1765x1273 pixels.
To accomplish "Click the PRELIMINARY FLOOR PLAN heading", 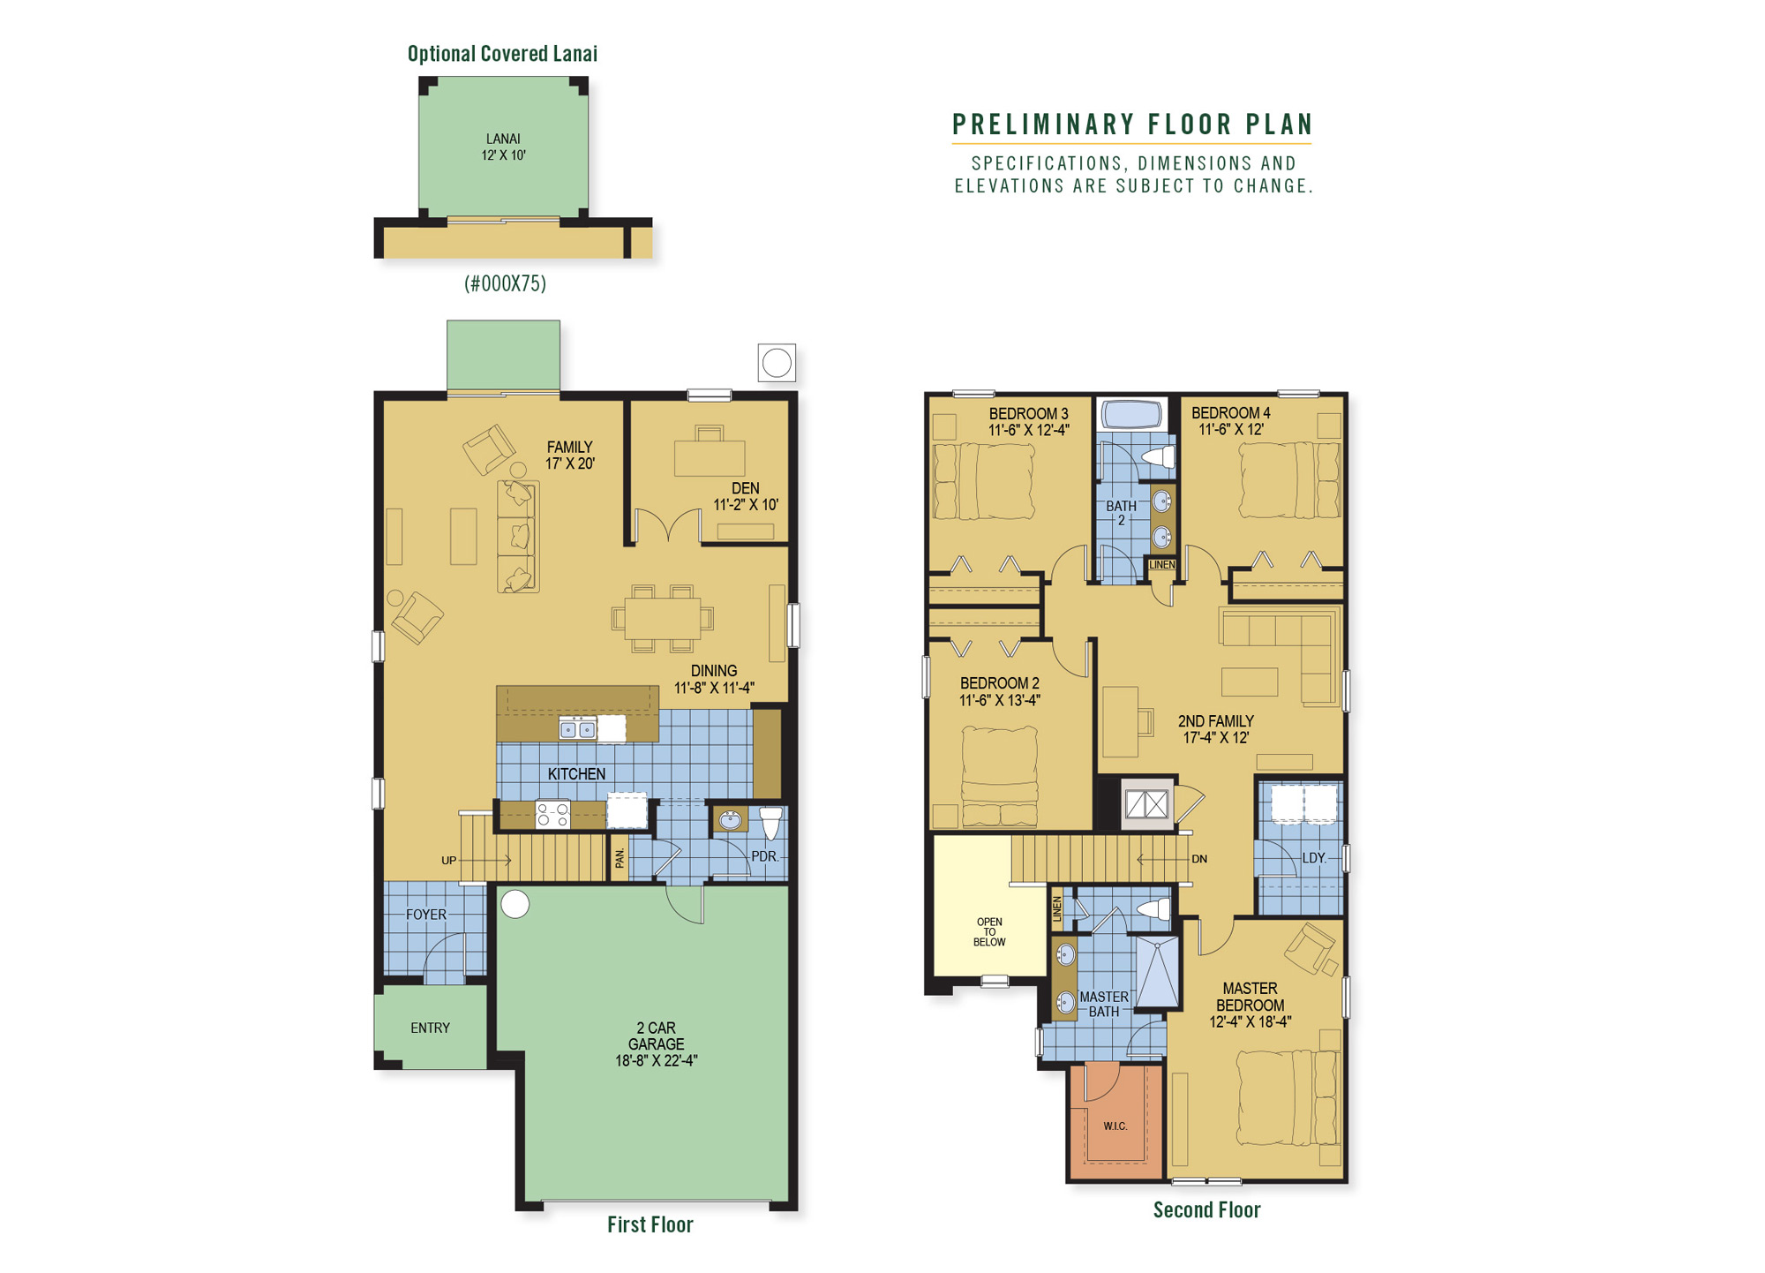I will [1132, 124].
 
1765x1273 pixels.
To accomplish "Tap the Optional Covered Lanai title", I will [502, 54].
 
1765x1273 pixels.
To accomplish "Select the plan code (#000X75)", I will [505, 283].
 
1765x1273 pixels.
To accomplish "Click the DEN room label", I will [745, 488].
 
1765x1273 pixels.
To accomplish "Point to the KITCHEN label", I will [576, 774].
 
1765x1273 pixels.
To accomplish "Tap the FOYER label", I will [426, 915].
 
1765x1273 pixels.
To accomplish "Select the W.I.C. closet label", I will [1115, 1126].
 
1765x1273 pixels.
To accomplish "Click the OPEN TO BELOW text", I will [989, 932].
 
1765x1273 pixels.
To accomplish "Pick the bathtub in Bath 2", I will [1132, 414].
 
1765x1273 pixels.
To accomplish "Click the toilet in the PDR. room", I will [771, 821].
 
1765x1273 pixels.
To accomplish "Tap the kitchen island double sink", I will [578, 729].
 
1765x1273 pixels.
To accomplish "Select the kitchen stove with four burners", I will [553, 814].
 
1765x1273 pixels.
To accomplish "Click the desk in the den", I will [710, 457].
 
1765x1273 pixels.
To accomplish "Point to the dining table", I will [662, 618].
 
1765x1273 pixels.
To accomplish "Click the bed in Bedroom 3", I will [984, 481].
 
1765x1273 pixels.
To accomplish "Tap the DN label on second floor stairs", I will [1198, 859].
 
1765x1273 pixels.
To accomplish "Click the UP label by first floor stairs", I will [448, 861].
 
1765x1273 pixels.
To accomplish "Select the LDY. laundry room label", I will [1314, 858].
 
